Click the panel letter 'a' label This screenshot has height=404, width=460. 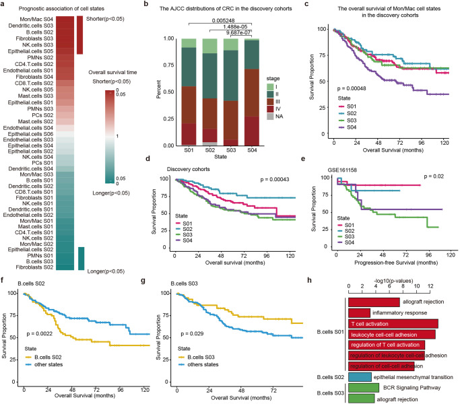[4, 4]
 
